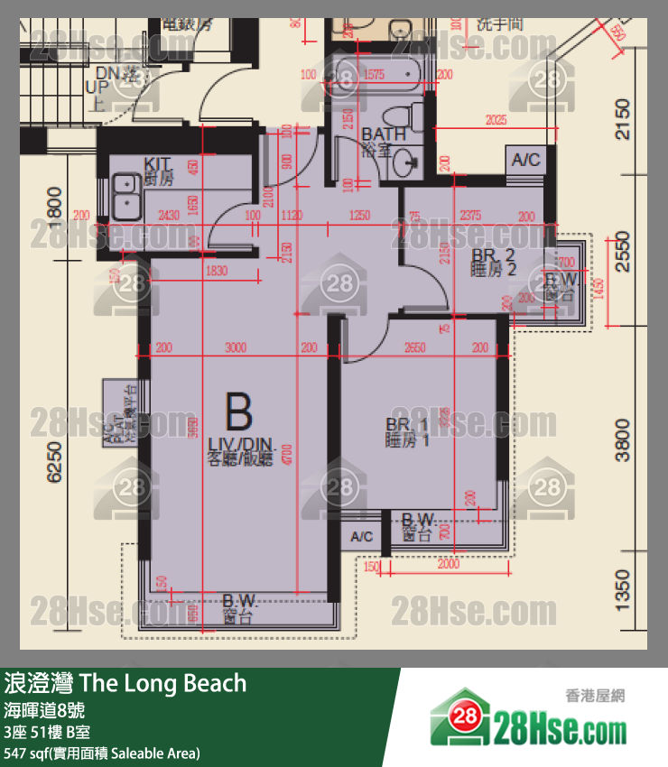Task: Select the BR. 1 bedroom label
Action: [407, 432]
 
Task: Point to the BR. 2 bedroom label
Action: [493, 262]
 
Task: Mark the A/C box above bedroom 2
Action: [525, 160]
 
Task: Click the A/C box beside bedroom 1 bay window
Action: [362, 536]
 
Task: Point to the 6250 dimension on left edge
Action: [54, 462]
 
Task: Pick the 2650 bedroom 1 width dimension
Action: [416, 347]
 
